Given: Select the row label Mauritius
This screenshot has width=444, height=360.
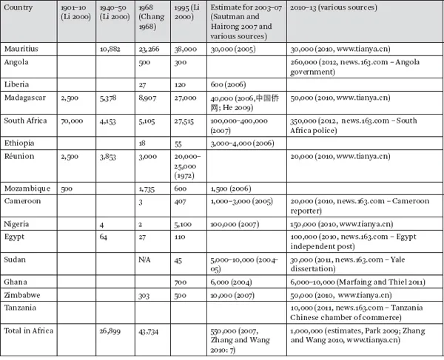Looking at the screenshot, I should tap(20, 48).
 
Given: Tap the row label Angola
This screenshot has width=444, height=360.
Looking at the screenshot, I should tap(16, 63).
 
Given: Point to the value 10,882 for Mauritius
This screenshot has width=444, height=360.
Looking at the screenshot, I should tap(110, 48).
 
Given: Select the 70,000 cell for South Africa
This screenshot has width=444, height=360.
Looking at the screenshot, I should tap(70, 120).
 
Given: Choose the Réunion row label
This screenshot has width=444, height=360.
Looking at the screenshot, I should tap(18, 158).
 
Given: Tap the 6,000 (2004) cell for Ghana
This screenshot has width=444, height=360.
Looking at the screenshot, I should tap(229, 282).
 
